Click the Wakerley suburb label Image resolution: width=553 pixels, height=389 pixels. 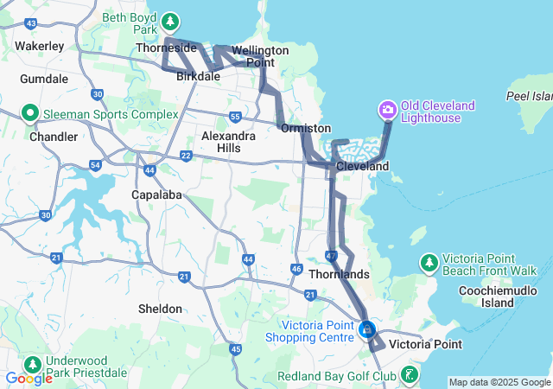point(40,45)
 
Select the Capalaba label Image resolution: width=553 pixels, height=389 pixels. point(156,194)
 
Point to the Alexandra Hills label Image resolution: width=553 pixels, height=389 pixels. point(228,142)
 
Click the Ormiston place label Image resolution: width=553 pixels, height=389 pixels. point(306,128)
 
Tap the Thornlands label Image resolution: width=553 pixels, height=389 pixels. point(343,274)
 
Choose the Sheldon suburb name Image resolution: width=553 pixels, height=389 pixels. point(160,309)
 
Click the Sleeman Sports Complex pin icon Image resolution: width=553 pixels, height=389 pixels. point(29,113)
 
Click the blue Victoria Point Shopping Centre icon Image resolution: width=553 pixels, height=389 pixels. point(367,329)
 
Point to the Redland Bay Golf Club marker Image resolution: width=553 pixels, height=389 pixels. point(409,375)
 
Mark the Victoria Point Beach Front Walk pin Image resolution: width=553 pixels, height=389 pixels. point(429,263)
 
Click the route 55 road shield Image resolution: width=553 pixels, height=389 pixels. point(235,117)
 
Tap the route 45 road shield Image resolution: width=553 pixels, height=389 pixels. point(235,348)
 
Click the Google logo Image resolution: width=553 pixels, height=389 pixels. point(29,379)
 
